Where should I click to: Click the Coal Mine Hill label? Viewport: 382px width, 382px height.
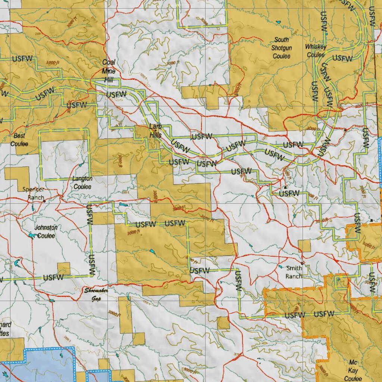click(109, 71)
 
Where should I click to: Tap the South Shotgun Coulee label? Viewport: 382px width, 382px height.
click(282, 48)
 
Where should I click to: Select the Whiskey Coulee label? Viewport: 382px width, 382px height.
click(316, 50)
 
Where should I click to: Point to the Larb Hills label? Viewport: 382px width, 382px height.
click(156, 131)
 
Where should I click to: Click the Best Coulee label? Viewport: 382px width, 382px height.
click(19, 140)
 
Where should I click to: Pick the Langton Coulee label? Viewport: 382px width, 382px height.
click(82, 183)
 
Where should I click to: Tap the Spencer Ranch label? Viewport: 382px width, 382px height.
click(33, 193)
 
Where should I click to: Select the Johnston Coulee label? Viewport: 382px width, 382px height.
click(46, 232)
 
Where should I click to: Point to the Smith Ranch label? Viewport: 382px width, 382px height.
click(294, 272)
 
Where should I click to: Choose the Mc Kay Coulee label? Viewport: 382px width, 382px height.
click(353, 370)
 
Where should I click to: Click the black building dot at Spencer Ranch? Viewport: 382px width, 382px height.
click(44, 201)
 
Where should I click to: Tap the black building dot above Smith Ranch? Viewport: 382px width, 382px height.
click(302, 263)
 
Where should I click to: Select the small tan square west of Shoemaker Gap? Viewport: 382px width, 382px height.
click(64, 269)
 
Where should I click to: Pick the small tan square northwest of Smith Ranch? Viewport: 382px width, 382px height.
click(304, 246)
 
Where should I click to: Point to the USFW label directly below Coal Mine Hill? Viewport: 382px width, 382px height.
click(116, 95)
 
